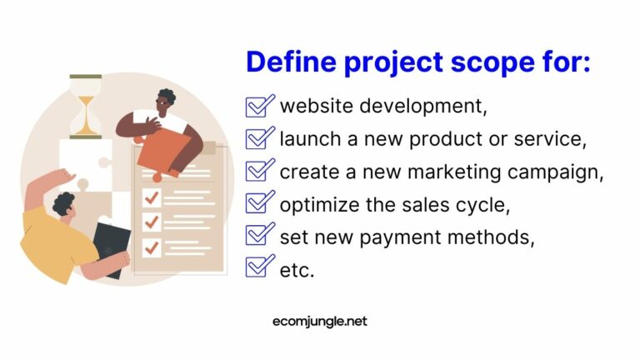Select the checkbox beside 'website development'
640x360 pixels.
pos(259,106)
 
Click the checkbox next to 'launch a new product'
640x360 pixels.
pos(259,137)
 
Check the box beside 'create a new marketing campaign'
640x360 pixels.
pos(259,170)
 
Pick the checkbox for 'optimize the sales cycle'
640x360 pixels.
pos(259,202)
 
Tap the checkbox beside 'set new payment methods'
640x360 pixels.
pos(259,235)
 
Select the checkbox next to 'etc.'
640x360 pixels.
pos(259,267)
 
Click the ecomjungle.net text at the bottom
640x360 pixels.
pos(320,321)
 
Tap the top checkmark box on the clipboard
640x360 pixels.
pos(151,197)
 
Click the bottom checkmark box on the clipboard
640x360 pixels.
pos(151,247)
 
